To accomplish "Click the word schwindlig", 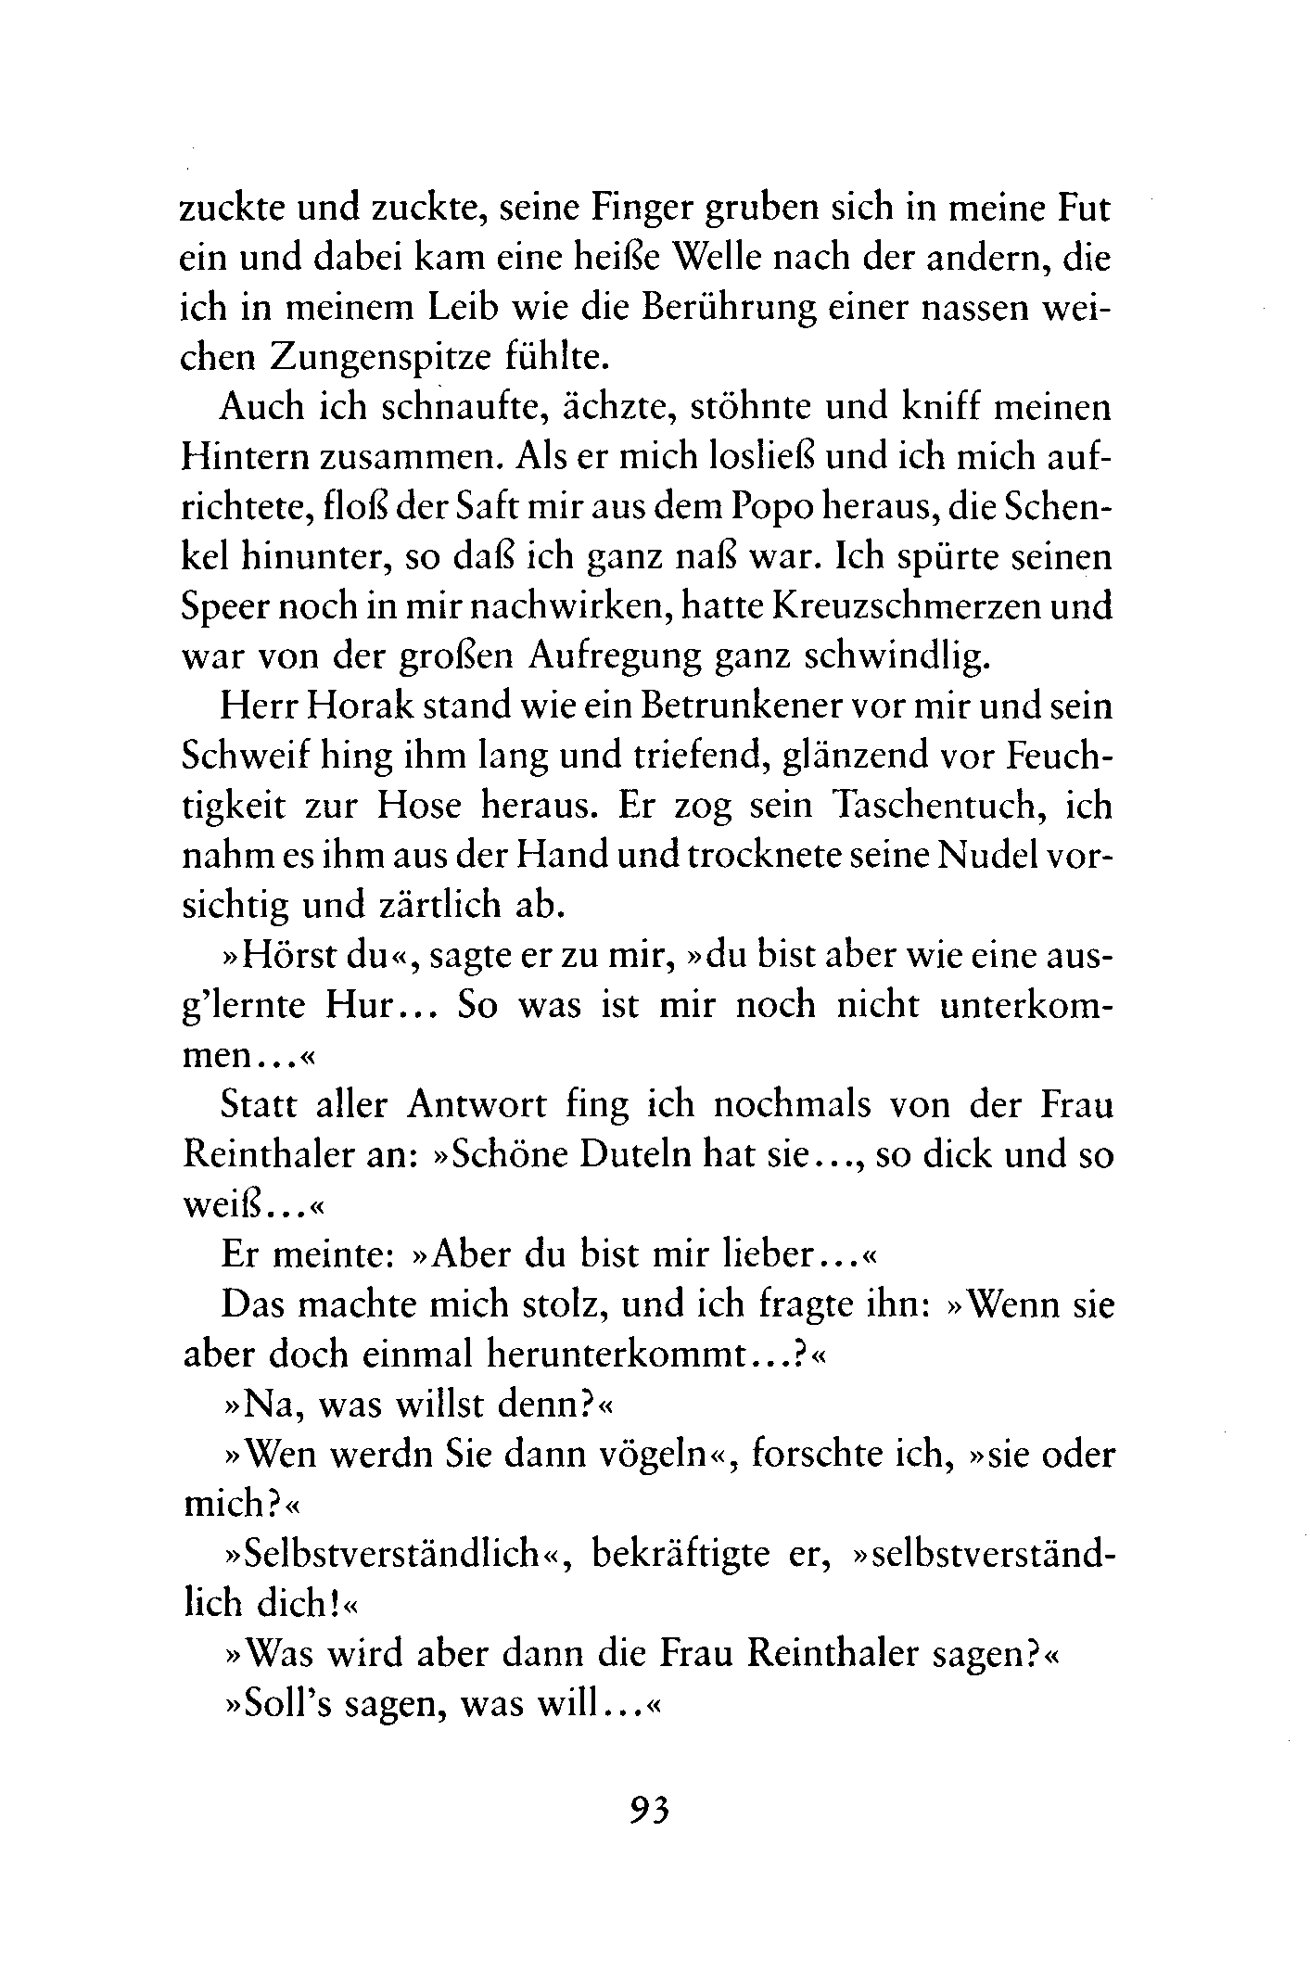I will [887, 656].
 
